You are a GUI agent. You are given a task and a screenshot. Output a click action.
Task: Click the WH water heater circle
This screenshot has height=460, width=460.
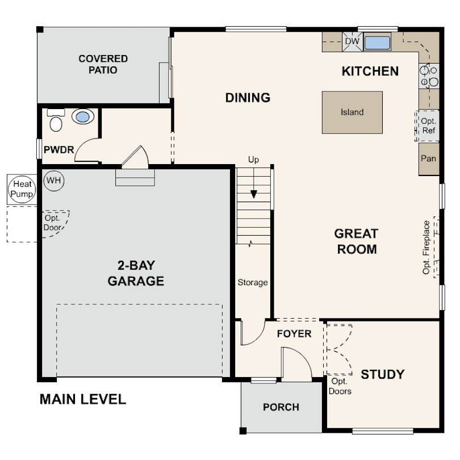[54, 181]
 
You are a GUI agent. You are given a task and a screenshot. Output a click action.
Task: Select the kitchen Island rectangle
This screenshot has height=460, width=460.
[352, 112]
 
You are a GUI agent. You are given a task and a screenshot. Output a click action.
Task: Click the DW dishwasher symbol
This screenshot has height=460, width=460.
[352, 41]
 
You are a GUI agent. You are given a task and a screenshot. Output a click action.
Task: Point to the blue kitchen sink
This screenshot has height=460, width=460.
[378, 43]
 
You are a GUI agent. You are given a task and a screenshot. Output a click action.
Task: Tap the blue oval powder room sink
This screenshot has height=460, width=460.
[83, 118]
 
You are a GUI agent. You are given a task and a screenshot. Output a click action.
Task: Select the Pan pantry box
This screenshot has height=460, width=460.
[428, 158]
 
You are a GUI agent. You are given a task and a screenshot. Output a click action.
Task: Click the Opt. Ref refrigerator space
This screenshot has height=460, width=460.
[428, 126]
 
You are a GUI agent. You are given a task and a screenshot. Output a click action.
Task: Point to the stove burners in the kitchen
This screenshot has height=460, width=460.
[429, 76]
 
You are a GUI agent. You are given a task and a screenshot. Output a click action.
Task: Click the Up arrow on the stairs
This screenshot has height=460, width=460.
[253, 193]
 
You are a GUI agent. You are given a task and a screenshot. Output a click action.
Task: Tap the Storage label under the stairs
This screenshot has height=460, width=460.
[253, 282]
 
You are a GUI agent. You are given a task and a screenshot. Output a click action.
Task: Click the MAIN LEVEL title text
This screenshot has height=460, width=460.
[83, 399]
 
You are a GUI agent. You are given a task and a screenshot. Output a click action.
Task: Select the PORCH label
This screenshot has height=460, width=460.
[281, 407]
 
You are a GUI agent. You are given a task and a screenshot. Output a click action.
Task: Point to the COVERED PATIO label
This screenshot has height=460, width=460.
[103, 64]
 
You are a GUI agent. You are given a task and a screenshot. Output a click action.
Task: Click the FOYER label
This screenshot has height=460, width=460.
[294, 333]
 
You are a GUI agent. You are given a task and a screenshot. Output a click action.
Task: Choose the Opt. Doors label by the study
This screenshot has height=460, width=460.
[340, 386]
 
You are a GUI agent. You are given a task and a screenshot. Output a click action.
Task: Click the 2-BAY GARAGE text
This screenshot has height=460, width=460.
[136, 273]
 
